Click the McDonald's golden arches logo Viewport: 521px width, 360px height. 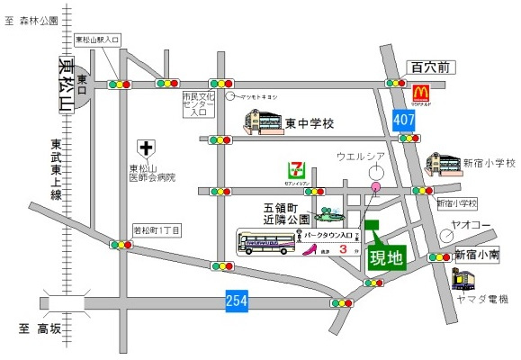tap(419, 92)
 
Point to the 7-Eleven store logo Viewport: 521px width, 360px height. tap(295, 170)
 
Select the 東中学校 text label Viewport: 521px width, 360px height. tap(310, 122)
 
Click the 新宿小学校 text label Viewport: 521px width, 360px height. tap(489, 164)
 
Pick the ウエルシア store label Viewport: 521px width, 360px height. tap(361, 156)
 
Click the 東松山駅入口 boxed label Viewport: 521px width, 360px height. tap(98, 40)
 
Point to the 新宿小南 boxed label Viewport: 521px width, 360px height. tap(476, 254)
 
